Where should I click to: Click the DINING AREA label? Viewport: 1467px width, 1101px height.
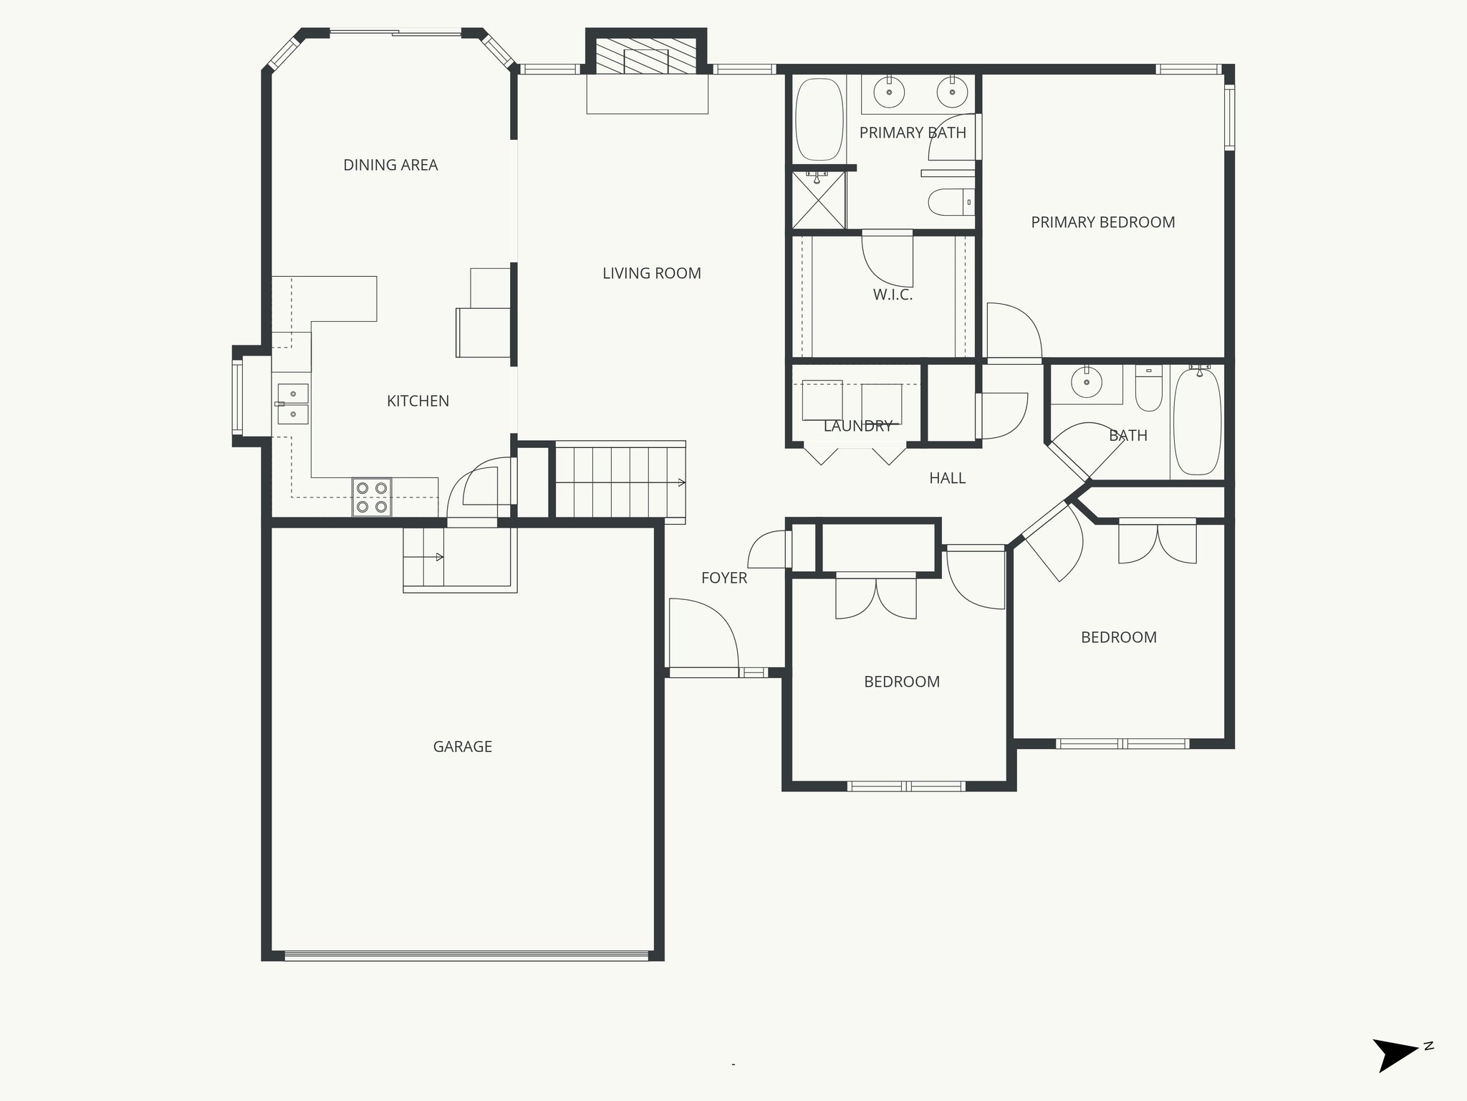pos(390,165)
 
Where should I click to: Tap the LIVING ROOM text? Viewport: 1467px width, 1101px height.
pos(651,273)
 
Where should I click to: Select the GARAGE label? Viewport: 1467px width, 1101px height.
pos(462,746)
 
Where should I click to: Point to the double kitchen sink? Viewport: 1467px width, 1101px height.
pos(293,404)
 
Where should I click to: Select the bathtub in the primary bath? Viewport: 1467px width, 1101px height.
pos(819,120)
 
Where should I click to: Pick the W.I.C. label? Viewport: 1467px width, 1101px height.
pos(893,295)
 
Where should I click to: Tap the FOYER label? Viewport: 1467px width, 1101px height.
pos(723,578)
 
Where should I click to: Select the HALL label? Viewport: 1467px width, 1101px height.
pos(947,478)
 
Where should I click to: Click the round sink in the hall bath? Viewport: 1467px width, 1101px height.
pos(1087,383)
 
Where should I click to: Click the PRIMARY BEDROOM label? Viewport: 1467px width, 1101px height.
pos(1102,222)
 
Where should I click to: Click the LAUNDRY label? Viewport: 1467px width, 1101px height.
pos(857,426)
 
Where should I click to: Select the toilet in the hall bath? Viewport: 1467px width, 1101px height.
pos(1149,389)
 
